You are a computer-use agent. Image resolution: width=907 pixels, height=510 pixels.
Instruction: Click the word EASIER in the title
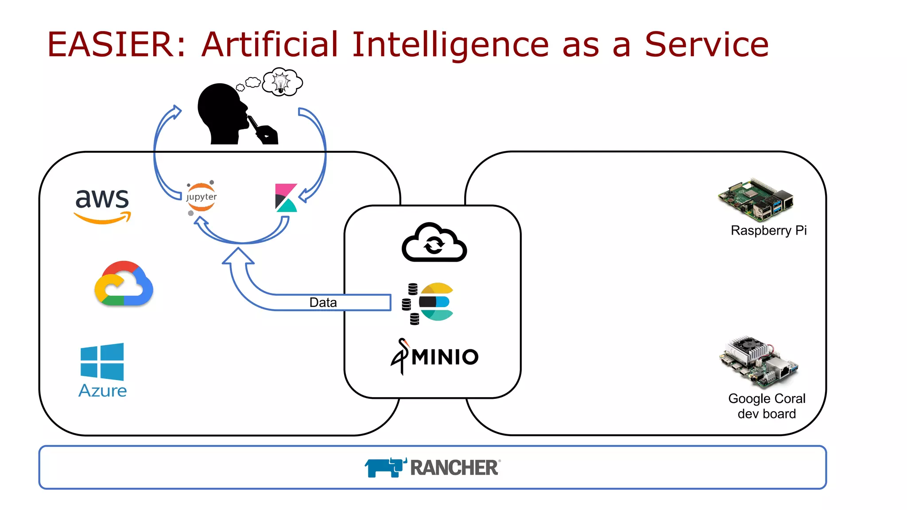[111, 45]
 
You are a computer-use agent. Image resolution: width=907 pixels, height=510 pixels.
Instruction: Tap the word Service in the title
[706, 45]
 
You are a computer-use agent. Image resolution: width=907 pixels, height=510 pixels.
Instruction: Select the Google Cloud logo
[124, 284]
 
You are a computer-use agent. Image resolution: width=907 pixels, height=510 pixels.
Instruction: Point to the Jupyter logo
[202, 197]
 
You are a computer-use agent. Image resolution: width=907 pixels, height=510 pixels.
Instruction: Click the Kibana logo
[286, 198]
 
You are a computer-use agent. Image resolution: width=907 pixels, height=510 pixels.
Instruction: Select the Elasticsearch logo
[436, 302]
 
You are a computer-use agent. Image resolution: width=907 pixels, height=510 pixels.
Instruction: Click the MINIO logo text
[445, 357]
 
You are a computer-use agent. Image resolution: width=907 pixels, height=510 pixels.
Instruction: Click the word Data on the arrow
[323, 302]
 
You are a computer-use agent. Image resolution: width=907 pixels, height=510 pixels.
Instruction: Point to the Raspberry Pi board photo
[756, 200]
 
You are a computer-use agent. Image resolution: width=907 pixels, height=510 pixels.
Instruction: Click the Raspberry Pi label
[768, 231]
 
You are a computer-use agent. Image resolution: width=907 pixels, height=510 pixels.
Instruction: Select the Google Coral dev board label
[767, 406]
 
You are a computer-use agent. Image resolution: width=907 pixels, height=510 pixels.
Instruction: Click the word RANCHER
[454, 468]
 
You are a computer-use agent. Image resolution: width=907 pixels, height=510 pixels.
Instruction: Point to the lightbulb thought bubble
[282, 82]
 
